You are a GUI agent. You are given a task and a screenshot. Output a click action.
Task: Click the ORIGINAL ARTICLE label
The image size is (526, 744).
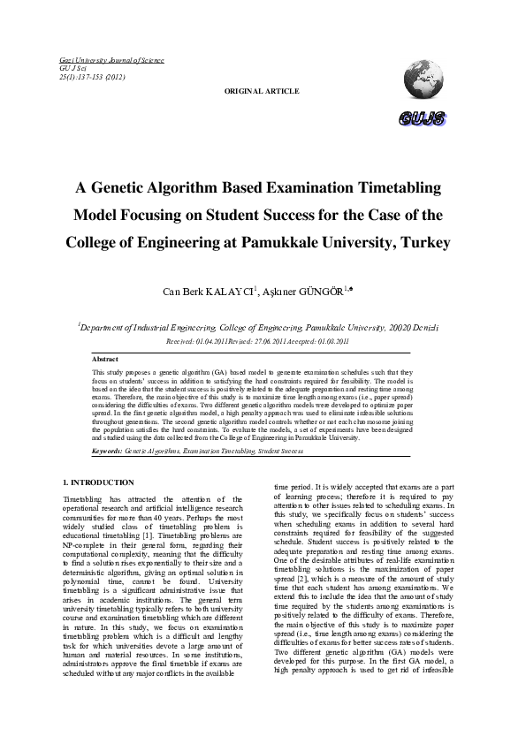pos(262,91)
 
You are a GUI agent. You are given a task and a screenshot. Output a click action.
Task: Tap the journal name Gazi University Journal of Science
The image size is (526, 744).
pos(111,60)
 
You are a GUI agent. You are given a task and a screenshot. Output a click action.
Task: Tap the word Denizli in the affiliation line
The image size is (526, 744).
pos(431,327)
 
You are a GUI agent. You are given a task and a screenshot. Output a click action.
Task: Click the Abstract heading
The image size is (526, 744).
pos(105,359)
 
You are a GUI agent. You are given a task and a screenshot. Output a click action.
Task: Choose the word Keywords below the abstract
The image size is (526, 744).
pos(108,451)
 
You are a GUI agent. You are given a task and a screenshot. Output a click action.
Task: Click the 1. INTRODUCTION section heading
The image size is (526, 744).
pos(99,482)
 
